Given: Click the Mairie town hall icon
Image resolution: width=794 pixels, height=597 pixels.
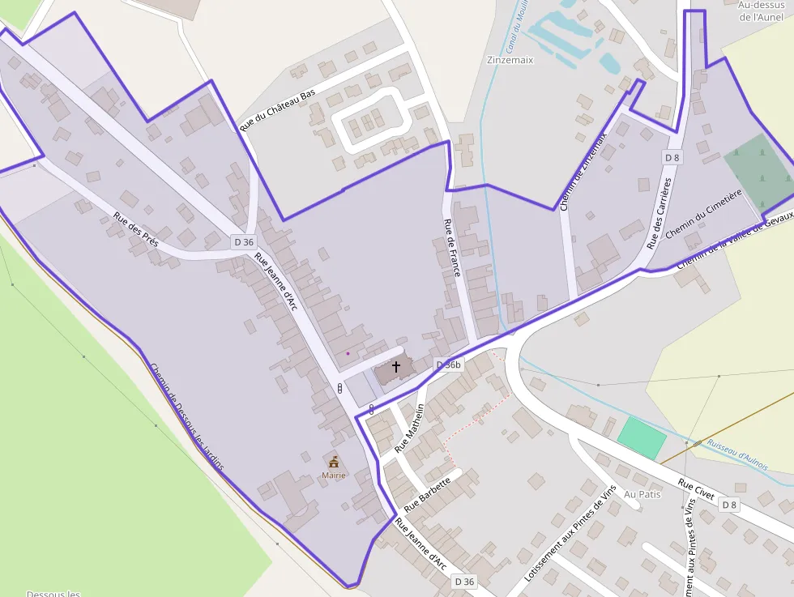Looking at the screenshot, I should coord(333,462).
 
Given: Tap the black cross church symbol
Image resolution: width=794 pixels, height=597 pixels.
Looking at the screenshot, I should coord(396,366).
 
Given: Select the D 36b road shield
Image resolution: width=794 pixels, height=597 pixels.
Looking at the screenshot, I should coord(448,365).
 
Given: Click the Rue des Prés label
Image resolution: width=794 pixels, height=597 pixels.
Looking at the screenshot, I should coord(135,230).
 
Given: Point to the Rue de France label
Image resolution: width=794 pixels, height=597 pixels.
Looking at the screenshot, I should coord(451,248).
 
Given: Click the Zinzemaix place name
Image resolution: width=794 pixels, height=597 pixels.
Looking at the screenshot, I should coord(510,60).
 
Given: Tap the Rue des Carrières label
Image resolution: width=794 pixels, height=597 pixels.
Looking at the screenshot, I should coord(660,214).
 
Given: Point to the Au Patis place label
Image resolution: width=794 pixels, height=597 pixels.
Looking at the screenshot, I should coord(642,494).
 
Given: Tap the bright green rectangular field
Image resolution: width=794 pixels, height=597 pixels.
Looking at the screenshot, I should coord(642,437).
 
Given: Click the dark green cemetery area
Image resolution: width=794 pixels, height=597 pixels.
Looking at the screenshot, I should coord(758,171).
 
